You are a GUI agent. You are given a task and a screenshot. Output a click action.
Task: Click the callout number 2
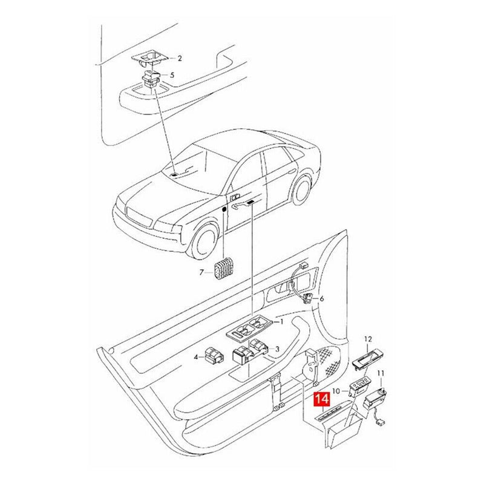[179, 59]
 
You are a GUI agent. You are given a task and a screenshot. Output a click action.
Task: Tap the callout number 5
[172, 76]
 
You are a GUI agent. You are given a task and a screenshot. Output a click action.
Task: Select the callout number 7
[203, 272]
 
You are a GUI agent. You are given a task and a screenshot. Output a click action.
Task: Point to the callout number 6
[322, 299]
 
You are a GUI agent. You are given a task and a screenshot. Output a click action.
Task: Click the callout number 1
[281, 323]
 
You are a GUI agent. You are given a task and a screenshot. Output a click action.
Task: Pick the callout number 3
[276, 349]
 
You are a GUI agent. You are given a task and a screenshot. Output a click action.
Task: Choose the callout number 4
[197, 357]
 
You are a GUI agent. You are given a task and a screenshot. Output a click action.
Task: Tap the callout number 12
[367, 341]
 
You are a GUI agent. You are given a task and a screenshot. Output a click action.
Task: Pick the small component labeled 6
[309, 298]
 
